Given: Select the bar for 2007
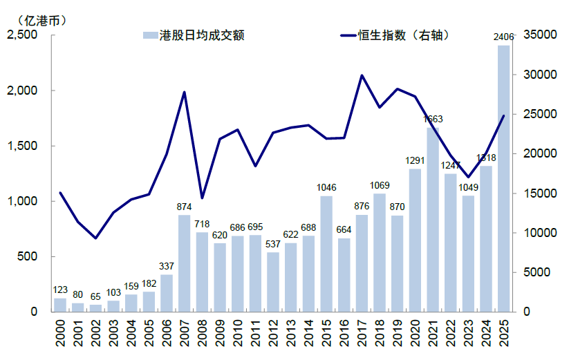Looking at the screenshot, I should [184, 263].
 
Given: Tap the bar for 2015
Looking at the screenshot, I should [326, 254].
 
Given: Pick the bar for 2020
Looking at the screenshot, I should [415, 240].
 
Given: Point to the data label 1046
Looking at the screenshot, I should [326, 188].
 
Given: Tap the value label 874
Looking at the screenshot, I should [184, 207].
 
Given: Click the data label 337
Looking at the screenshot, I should [167, 266].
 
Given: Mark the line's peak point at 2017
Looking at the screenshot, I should [362, 75].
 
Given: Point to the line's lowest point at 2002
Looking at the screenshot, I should [95, 238].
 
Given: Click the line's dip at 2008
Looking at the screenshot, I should [202, 198].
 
